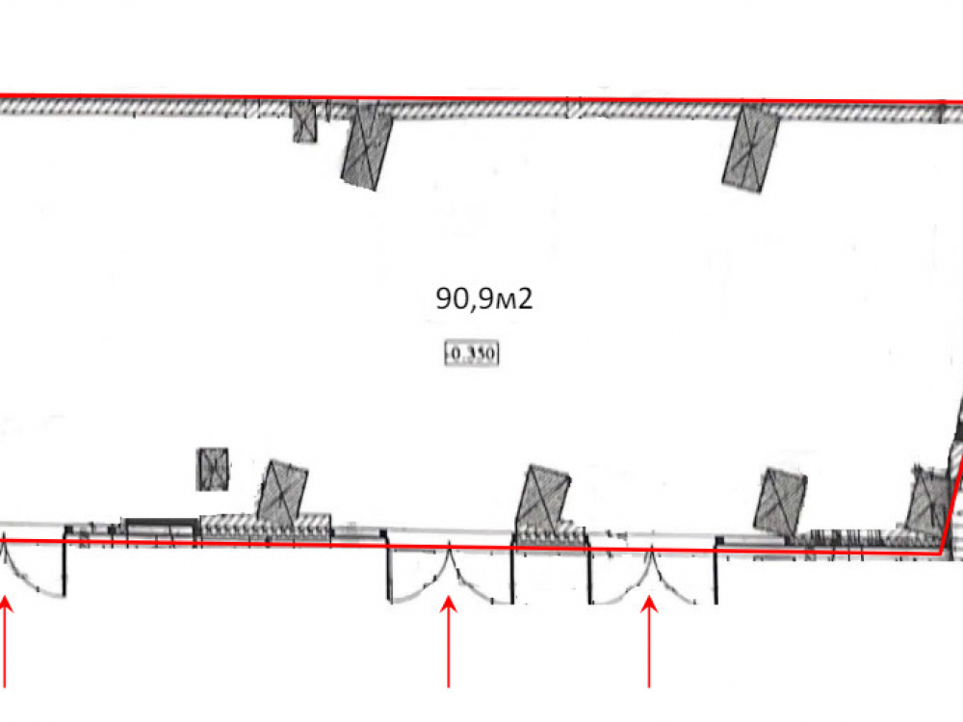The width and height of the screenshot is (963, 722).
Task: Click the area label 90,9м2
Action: [x=484, y=298]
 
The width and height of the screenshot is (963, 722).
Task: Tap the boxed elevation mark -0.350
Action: [x=472, y=353]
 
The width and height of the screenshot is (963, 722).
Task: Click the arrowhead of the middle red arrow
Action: [x=449, y=604]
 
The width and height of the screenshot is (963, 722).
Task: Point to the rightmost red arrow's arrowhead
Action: [x=649, y=605]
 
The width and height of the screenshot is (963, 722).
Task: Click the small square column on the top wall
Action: [x=304, y=121]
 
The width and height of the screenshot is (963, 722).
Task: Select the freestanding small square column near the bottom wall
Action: [x=213, y=469]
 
